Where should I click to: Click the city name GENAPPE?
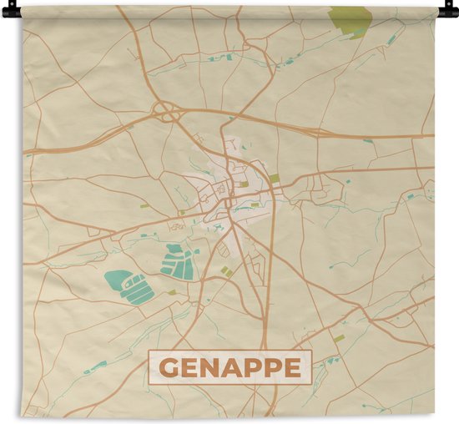point(230,367)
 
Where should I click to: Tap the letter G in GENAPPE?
point(168,367)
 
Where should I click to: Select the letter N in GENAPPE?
point(209,367)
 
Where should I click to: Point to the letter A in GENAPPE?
point(230,367)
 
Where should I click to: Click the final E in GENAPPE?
point(293,367)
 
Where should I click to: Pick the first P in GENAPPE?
point(252,367)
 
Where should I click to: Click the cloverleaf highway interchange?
point(167,111)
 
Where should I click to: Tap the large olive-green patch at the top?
point(350,18)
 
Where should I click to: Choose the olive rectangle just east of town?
point(275,178)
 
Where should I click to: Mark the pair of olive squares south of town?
point(226,272)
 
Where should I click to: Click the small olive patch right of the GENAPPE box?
point(339,339)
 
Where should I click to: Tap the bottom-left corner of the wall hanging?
point(24,416)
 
